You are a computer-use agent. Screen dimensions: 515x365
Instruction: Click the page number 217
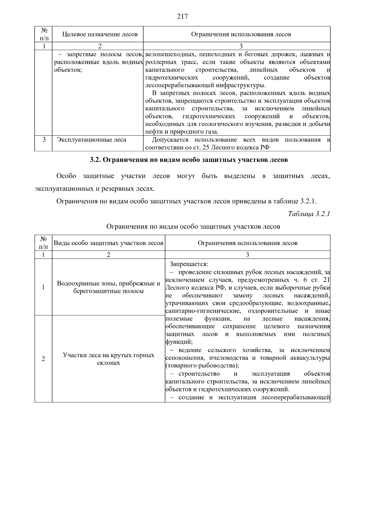[182, 17]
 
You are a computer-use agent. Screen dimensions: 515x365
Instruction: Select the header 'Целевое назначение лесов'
[100, 34]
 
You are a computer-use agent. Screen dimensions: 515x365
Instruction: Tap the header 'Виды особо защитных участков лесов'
[109, 243]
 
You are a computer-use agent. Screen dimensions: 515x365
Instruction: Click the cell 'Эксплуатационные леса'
[92, 140]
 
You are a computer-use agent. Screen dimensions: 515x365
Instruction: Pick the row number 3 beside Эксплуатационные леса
[44, 140]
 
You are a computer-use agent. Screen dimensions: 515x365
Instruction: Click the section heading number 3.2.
[95, 160]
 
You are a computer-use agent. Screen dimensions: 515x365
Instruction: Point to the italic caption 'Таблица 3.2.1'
[309, 214]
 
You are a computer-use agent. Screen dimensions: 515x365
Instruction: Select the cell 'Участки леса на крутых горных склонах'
[109, 359]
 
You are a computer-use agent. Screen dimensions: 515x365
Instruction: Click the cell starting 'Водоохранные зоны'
[109, 287]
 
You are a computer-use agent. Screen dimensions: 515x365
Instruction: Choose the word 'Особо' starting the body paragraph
[66, 176]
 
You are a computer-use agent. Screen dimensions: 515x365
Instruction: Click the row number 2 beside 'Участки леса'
[43, 359]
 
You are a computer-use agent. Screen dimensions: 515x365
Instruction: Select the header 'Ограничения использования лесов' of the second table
[247, 243]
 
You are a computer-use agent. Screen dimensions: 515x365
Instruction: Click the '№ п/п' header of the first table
[44, 34]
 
